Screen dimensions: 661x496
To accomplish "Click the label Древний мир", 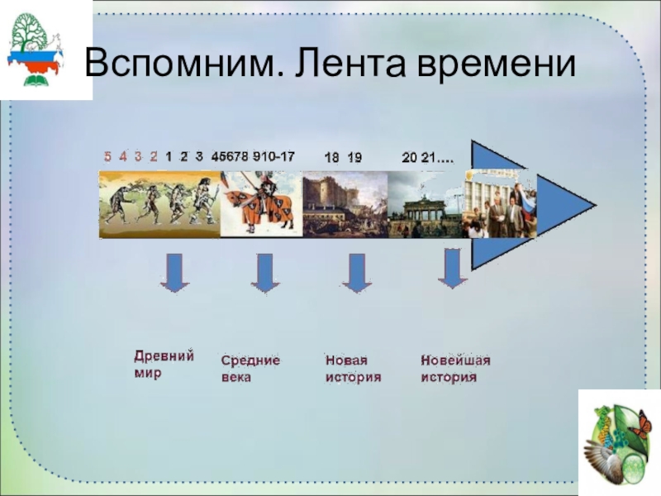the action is pyautogui.click(x=164, y=364).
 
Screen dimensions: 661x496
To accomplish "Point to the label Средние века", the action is pyautogui.click(x=250, y=369).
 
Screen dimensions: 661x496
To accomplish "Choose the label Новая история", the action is pyautogui.click(x=353, y=369).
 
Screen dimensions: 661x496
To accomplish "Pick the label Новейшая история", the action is pyautogui.click(x=455, y=369).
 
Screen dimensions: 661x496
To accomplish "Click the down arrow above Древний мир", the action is pyautogui.click(x=174, y=273).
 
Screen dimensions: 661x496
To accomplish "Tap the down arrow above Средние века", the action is pyautogui.click(x=264, y=273).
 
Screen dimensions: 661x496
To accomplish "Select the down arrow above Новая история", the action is pyautogui.click(x=356, y=273).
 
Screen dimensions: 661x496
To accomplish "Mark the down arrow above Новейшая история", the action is pyautogui.click(x=452, y=269).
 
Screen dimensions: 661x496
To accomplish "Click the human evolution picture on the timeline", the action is pyautogui.click(x=159, y=204).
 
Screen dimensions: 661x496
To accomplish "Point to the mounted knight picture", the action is pyautogui.click(x=261, y=204).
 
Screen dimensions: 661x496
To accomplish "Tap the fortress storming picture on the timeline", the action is pyautogui.click(x=345, y=204).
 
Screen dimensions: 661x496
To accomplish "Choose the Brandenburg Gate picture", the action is pyautogui.click(x=425, y=204).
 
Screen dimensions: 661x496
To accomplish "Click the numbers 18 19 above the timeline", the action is pyautogui.click(x=342, y=157).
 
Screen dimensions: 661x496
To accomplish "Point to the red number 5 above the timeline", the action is pyautogui.click(x=107, y=155).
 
